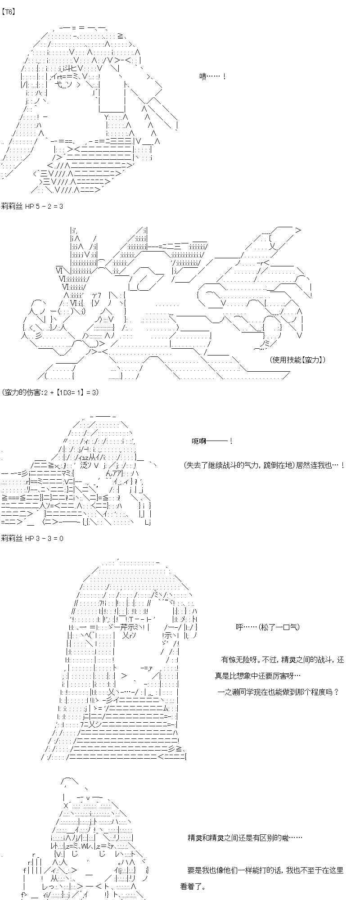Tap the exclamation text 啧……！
[x=212, y=77]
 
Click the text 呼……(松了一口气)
[x=267, y=627]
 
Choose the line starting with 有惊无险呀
[x=282, y=660]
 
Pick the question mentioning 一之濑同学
[x=278, y=692]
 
